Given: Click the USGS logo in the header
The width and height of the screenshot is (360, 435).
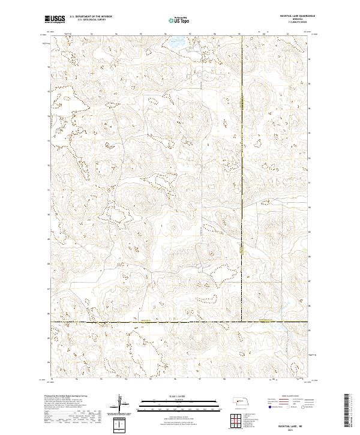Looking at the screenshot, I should point(54,19).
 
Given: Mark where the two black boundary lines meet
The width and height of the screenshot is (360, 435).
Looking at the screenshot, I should point(243,322).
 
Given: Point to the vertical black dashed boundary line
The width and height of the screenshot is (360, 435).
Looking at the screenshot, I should point(243,180).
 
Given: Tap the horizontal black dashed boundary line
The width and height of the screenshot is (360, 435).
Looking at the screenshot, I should point(150,322).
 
